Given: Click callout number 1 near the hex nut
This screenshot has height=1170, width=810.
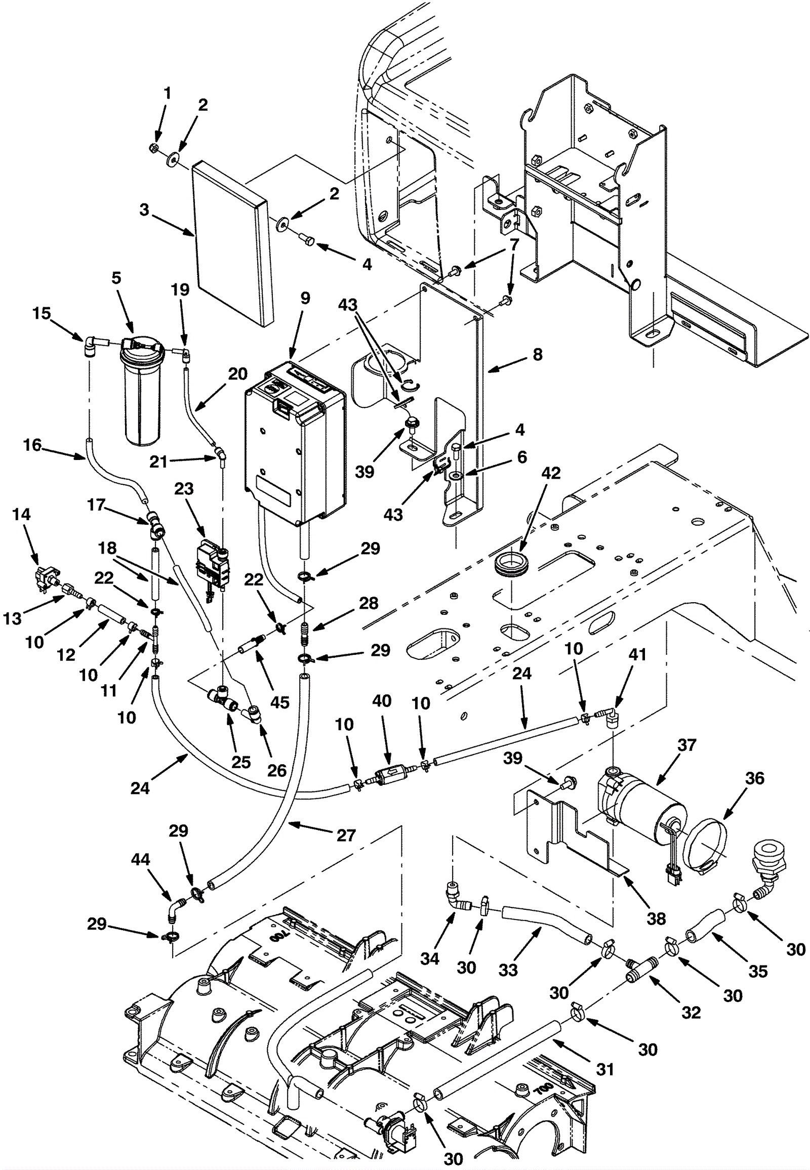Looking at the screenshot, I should pyautogui.click(x=167, y=93).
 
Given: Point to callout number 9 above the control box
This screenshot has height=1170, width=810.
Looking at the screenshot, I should pyautogui.click(x=305, y=298).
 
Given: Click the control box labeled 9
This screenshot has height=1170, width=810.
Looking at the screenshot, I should pyautogui.click(x=294, y=446).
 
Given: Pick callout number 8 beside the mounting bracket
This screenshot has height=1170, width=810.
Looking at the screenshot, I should pyautogui.click(x=538, y=354).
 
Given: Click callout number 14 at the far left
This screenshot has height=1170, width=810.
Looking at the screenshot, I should pyautogui.click(x=21, y=515).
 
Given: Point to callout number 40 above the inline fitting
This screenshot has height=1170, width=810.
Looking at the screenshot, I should pyautogui.click(x=382, y=702).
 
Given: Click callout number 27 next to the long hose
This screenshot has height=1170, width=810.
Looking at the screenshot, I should pyautogui.click(x=346, y=835).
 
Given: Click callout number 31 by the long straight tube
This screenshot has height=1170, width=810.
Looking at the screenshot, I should pyautogui.click(x=605, y=1069).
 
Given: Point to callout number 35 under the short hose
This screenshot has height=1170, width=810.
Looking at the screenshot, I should pyautogui.click(x=758, y=971).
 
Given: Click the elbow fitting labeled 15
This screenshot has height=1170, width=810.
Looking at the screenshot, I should pyautogui.click(x=91, y=346).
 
